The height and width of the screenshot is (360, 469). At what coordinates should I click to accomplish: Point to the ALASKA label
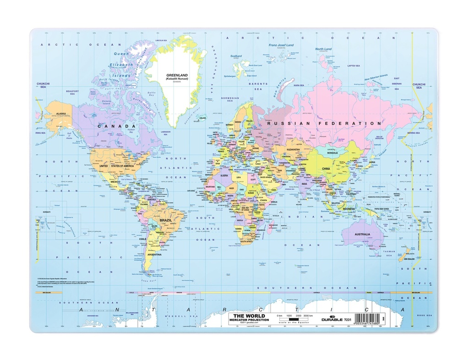coord(60,114)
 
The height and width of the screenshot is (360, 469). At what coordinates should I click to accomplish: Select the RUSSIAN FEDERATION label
coord(324,123)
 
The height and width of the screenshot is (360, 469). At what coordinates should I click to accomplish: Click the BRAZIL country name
coord(165,220)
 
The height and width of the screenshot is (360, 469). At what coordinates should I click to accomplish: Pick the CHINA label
coord(326,169)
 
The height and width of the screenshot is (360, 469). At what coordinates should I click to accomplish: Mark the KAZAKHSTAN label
coord(293,149)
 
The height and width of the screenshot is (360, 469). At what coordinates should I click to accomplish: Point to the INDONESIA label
coord(349,209)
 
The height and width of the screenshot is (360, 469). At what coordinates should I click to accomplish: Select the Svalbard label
coord(236,56)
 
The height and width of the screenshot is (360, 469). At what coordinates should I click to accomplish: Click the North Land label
coord(323,49)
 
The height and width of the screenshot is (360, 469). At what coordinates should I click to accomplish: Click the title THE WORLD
coord(246,316)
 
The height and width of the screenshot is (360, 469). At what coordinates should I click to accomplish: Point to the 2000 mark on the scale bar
coord(298,316)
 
